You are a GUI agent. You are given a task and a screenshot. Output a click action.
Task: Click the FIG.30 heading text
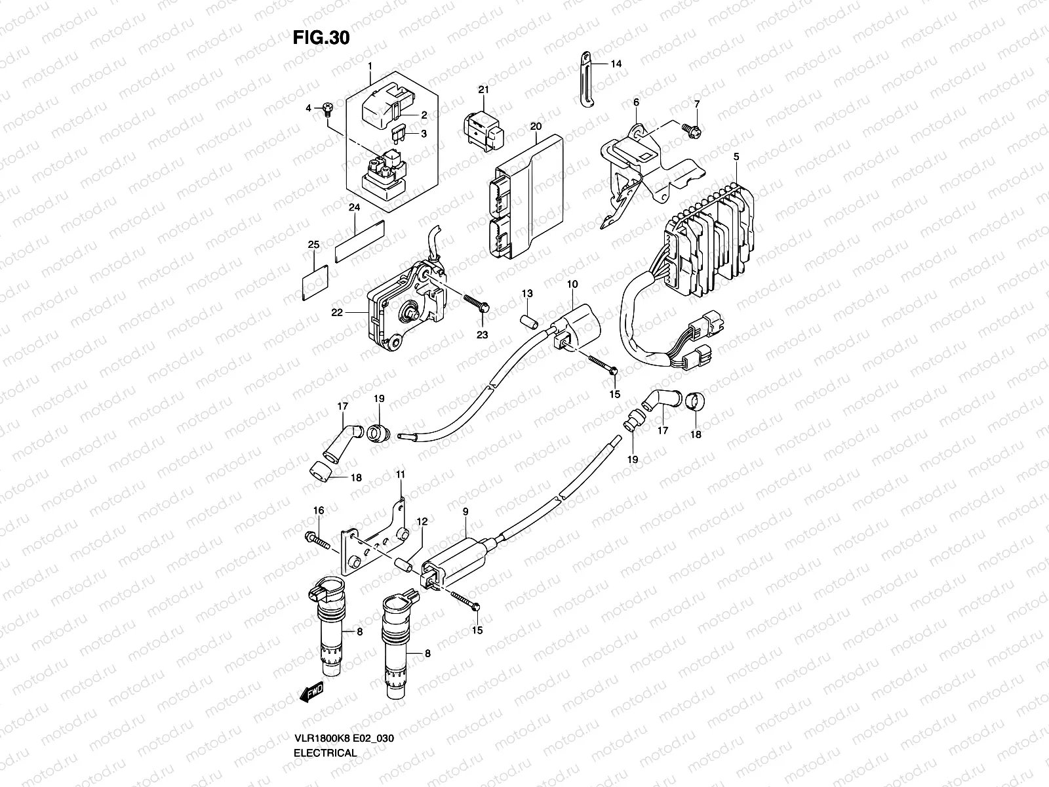pyautogui.click(x=321, y=38)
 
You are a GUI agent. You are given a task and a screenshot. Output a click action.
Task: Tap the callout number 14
pyautogui.click(x=616, y=64)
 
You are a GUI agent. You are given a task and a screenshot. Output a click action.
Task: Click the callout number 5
pyautogui.click(x=736, y=157)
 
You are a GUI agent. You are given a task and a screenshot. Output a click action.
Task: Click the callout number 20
pyautogui.click(x=536, y=126)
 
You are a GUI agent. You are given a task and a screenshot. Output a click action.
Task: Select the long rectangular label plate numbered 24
pyautogui.click(x=359, y=241)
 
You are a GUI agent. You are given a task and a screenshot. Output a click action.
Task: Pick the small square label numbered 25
pyautogui.click(x=315, y=281)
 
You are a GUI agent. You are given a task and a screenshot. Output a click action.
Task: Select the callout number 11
pyautogui.click(x=400, y=474)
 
